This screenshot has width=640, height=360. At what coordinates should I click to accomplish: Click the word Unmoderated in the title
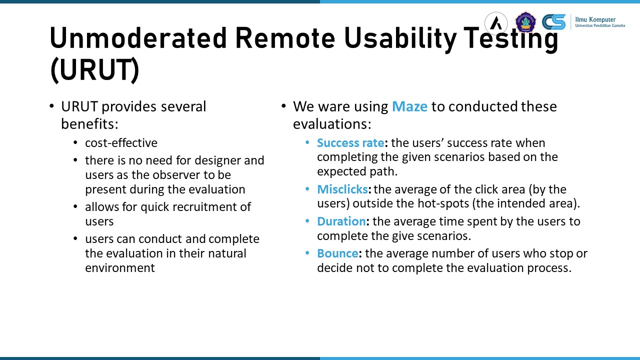click(x=138, y=38)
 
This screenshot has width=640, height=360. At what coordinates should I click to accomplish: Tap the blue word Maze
click(x=409, y=106)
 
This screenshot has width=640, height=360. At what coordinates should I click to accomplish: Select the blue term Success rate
click(x=350, y=143)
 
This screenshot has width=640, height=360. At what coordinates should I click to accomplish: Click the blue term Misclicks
click(x=342, y=189)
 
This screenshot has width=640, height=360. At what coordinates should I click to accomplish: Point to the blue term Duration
click(x=341, y=221)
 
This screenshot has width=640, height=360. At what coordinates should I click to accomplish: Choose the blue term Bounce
click(x=337, y=253)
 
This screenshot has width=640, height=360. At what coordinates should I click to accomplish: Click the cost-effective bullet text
click(x=121, y=143)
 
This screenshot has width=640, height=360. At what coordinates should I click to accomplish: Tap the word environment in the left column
click(x=120, y=268)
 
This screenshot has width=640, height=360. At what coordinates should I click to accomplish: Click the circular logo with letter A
click(x=496, y=23)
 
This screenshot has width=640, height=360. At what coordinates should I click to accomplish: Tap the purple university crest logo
click(x=525, y=22)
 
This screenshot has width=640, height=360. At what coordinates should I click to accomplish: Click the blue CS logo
click(x=553, y=22)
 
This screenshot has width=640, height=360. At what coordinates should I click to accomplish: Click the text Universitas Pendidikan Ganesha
click(x=600, y=25)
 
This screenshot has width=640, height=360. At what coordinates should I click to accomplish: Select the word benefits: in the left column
click(x=89, y=124)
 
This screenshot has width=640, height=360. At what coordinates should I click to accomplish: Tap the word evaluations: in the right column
click(x=332, y=124)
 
